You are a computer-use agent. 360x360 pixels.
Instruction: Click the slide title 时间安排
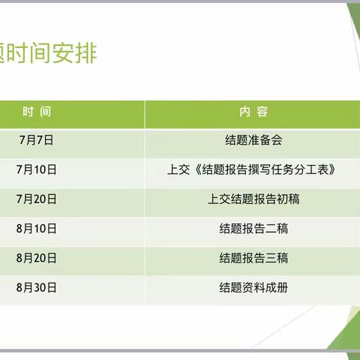tap(49, 54)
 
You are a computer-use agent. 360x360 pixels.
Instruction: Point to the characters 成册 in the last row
tap(277, 287)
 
